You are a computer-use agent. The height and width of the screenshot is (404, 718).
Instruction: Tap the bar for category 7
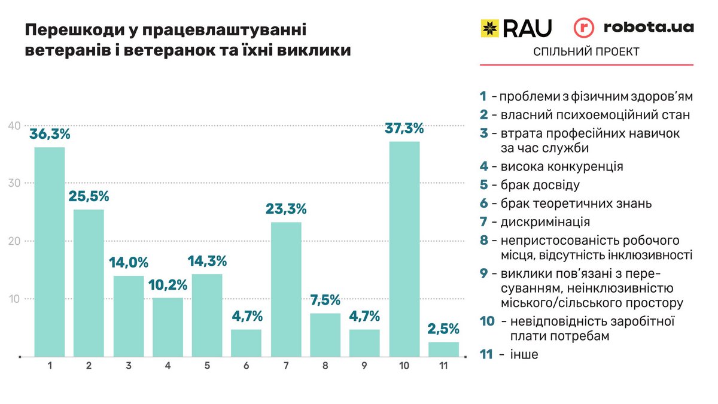[x=285, y=290]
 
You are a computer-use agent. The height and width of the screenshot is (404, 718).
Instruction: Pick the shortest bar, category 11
[x=443, y=350]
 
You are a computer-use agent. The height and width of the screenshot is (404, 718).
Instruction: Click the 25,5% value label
[x=89, y=196]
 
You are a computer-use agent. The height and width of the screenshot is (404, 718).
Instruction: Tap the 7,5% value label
[x=325, y=300]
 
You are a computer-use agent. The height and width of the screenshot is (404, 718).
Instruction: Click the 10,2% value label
[x=167, y=285]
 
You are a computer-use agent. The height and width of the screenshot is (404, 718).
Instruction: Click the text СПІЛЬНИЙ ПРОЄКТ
[x=586, y=52]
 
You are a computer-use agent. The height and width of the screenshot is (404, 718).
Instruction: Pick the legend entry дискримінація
[x=541, y=222]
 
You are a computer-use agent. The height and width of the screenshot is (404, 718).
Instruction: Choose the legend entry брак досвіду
[x=536, y=186]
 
